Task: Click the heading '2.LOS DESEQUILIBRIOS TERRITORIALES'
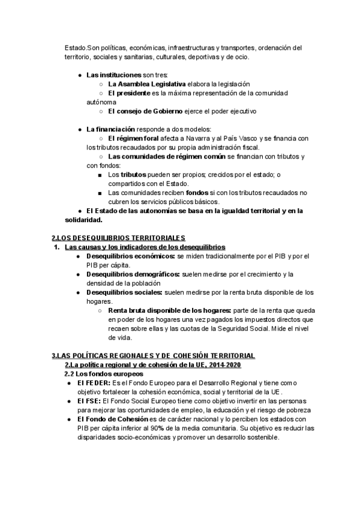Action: coord(119,238)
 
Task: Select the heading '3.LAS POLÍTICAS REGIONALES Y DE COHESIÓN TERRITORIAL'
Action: coord(153,356)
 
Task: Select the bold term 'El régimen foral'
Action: coord(133,138)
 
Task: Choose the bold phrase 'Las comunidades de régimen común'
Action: coord(166,157)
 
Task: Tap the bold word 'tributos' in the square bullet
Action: coord(134,175)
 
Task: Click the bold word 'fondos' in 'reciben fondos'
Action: coord(198,193)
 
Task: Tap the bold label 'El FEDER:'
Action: coord(94,383)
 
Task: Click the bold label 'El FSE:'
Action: coord(90,401)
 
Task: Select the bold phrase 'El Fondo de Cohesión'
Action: coord(116,419)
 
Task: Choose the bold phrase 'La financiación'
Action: coord(111,129)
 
